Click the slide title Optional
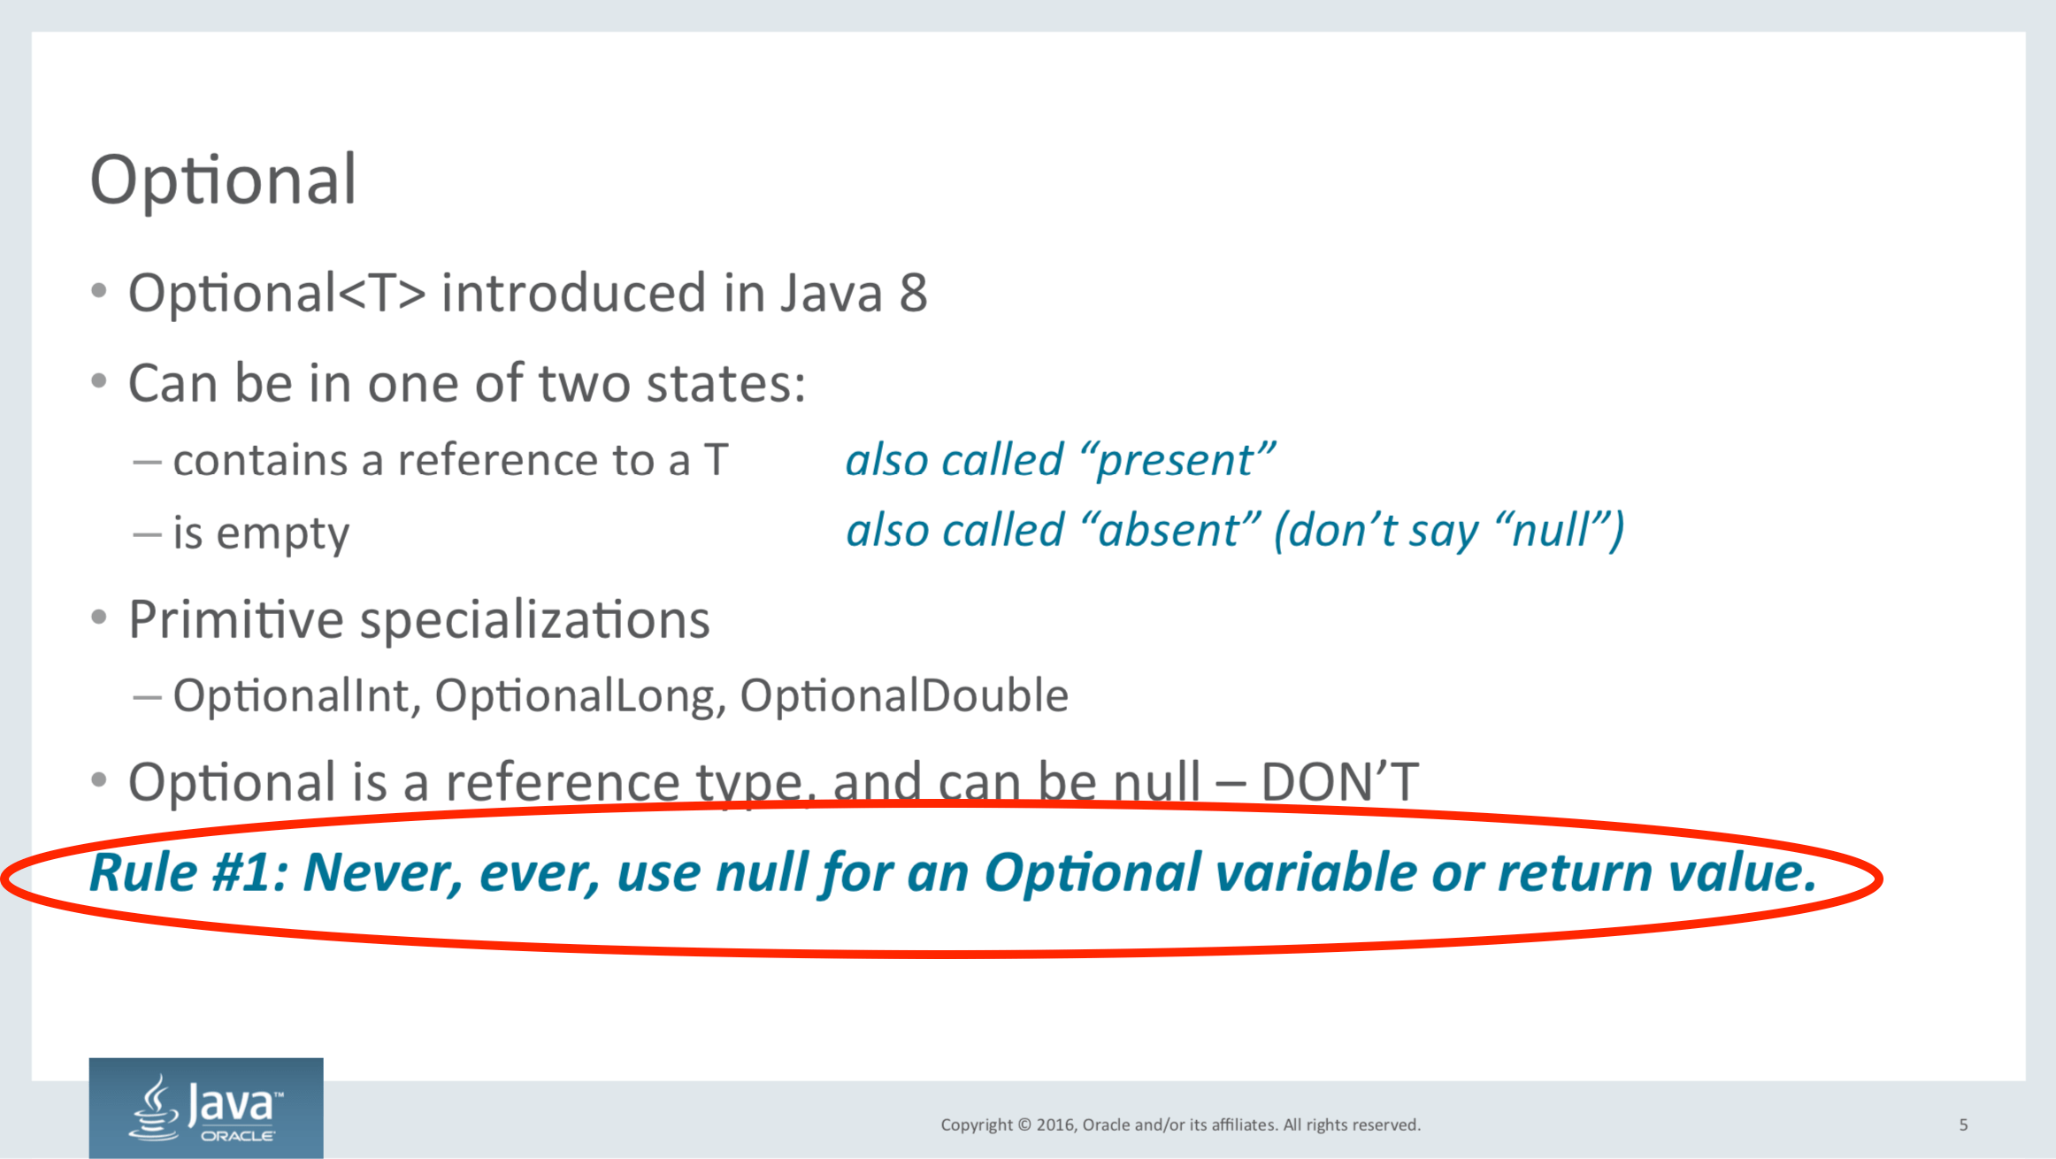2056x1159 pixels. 223,180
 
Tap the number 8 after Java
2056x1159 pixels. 913,293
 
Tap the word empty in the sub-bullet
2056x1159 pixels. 283,534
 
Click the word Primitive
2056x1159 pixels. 235,619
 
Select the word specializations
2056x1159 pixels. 534,619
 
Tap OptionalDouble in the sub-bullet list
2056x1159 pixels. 903,695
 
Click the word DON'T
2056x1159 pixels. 1339,782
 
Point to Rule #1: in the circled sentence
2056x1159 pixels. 188,872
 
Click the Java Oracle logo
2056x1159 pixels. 206,1108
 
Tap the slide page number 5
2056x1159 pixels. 1963,1124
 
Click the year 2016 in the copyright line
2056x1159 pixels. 1055,1124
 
